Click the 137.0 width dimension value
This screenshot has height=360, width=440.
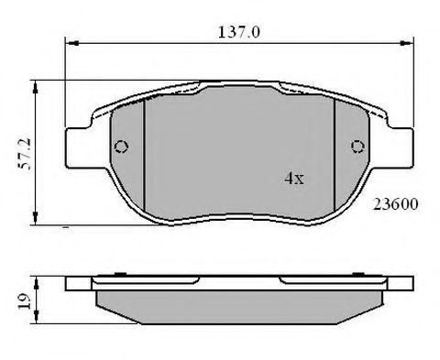[239, 32]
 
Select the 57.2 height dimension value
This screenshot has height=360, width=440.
[25, 154]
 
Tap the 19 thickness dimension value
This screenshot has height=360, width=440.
[25, 301]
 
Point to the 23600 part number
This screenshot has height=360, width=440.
[395, 204]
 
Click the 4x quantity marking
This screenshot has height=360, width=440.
[294, 178]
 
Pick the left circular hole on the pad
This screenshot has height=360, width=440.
[121, 147]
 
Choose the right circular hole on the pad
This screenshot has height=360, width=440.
[357, 147]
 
